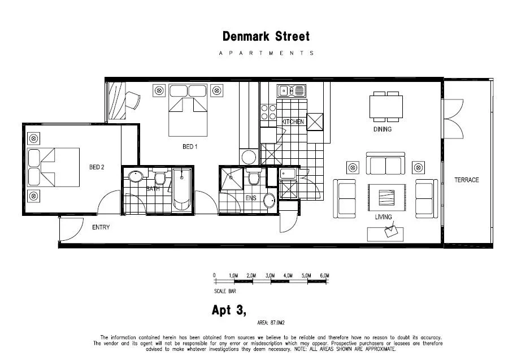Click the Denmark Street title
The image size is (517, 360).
click(266, 37)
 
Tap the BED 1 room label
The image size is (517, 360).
click(189, 147)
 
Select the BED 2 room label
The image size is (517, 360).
click(97, 167)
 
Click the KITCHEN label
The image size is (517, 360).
click(293, 122)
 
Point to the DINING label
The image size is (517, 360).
click(383, 129)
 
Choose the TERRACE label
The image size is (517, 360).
click(466, 180)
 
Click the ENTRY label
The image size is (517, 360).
click(101, 228)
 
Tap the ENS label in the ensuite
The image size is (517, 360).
click(251, 198)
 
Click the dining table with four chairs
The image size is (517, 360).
click(386, 106)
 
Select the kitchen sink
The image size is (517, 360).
click(290, 90)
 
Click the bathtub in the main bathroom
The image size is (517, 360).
click(182, 189)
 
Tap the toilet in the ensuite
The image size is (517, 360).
click(253, 179)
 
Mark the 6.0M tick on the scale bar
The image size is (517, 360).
click(324, 275)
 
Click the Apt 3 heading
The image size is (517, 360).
click(229, 310)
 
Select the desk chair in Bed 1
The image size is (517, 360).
click(133, 101)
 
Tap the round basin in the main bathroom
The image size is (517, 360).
click(136, 177)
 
